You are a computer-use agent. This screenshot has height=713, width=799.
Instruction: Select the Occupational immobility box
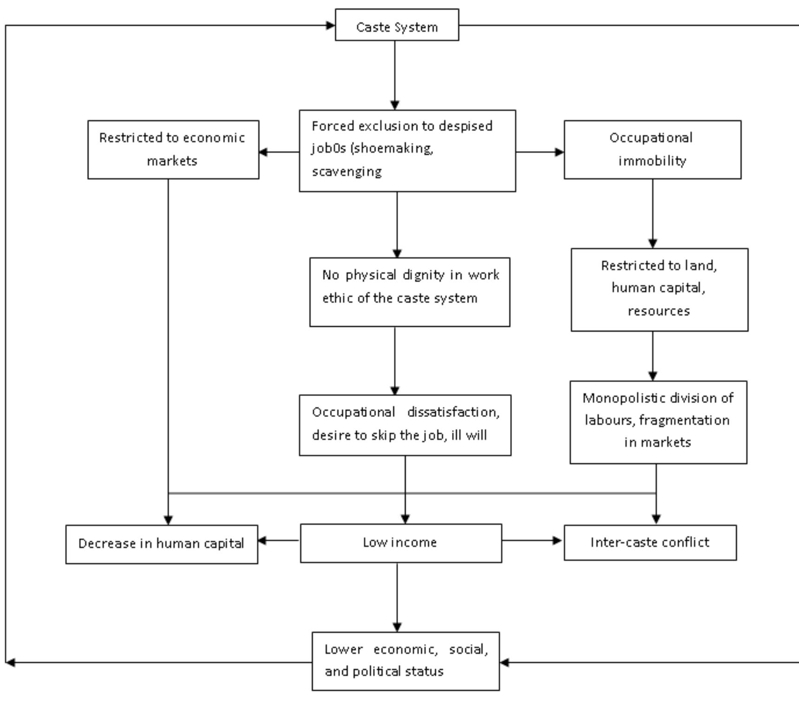(x=652, y=150)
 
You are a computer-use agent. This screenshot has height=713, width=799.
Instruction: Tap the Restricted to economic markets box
(x=173, y=150)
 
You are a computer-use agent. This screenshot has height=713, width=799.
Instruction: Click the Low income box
(x=400, y=543)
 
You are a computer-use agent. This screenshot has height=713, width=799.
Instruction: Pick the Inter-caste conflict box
(x=649, y=542)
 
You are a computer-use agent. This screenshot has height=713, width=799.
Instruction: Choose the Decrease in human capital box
(x=161, y=544)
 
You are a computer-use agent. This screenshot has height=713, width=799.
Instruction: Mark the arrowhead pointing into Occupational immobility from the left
(x=559, y=152)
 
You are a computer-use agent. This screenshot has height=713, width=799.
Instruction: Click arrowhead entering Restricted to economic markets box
(x=263, y=152)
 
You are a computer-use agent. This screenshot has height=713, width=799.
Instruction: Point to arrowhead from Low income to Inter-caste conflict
(x=557, y=540)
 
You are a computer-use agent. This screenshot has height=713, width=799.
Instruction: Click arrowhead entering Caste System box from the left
(x=330, y=25)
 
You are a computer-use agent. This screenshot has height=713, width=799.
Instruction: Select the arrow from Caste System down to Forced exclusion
(x=395, y=74)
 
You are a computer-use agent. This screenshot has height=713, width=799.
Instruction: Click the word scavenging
(x=347, y=172)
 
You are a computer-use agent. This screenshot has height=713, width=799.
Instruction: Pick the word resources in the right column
(x=659, y=311)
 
